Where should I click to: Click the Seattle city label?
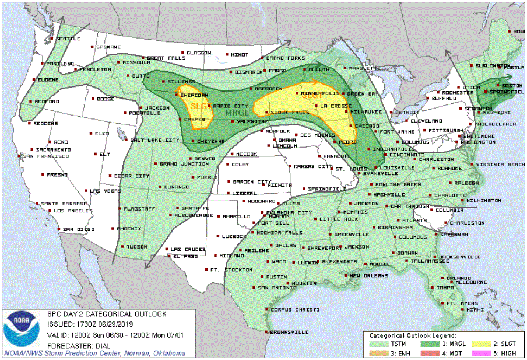[68, 39]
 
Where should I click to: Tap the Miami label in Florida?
[475, 310]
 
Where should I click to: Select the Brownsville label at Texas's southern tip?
[290, 332]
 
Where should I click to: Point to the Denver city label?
[205, 159]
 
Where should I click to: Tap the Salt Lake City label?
[155, 140]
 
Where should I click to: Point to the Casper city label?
[195, 119]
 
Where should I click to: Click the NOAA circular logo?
[22, 328]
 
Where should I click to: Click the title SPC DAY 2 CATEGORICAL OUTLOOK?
[106, 314]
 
